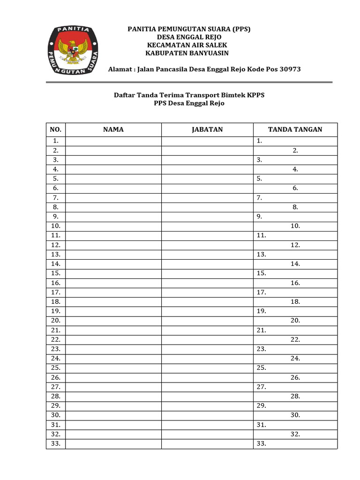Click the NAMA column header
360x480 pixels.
113,130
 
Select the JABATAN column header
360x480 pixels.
207,130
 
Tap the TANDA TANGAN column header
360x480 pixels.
295,130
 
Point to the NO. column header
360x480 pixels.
56,130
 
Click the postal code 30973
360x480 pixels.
290,69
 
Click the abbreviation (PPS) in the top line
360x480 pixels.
240,29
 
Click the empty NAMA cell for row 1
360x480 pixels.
113,141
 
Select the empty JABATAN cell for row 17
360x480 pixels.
207,292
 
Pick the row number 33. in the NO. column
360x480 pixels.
56,443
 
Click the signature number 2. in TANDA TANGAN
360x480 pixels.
295,150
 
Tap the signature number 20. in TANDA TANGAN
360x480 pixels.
295,321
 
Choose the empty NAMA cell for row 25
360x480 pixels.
113,368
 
